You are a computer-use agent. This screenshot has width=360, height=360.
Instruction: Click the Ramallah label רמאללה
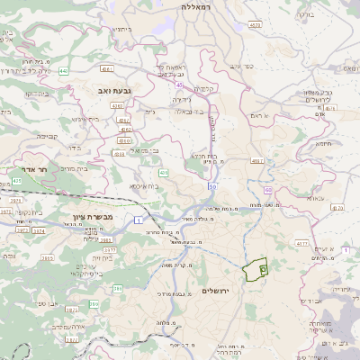195,6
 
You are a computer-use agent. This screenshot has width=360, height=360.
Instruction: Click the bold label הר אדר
33,168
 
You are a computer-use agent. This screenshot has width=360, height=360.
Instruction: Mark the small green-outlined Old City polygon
256,268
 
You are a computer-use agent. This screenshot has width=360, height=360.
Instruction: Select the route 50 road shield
211,186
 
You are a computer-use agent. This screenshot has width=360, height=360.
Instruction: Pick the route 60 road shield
269,191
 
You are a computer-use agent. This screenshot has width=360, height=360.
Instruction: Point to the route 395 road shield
117,289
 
